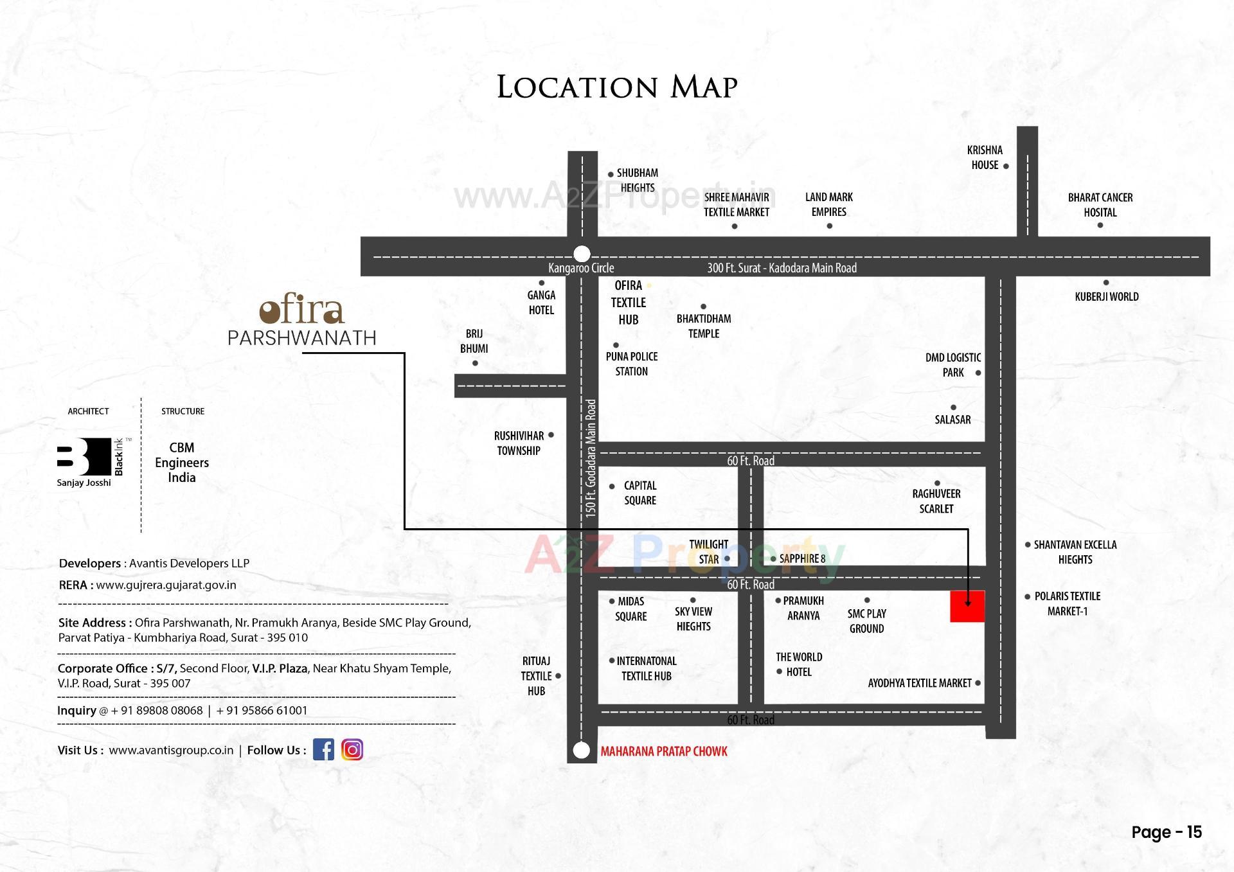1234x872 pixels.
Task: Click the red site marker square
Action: pos(967,606)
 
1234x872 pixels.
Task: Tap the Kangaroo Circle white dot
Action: pos(582,253)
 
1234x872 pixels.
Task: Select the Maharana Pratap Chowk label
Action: pos(663,751)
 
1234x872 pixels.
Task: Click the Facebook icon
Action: pos(323,749)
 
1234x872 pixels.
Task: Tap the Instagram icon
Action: pos(352,749)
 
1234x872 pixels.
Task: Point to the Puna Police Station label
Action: pos(631,364)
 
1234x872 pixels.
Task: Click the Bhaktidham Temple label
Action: pos(704,326)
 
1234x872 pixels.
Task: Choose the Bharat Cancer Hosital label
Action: pos(1100,205)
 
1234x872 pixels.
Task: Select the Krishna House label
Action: pos(985,157)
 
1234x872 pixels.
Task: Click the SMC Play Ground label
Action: pos(866,621)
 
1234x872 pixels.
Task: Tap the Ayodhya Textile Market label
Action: pos(919,683)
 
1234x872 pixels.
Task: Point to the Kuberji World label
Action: pos(1106,296)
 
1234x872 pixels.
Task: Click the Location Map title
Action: pos(617,87)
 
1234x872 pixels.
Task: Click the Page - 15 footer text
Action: pos(1166,832)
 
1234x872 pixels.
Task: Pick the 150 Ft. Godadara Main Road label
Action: pos(591,458)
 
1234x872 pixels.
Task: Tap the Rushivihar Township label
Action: pos(519,443)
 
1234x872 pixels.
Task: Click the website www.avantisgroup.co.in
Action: pos(171,750)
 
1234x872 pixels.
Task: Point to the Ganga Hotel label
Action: pos(541,303)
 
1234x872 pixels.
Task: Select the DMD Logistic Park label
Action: pos(952,365)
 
